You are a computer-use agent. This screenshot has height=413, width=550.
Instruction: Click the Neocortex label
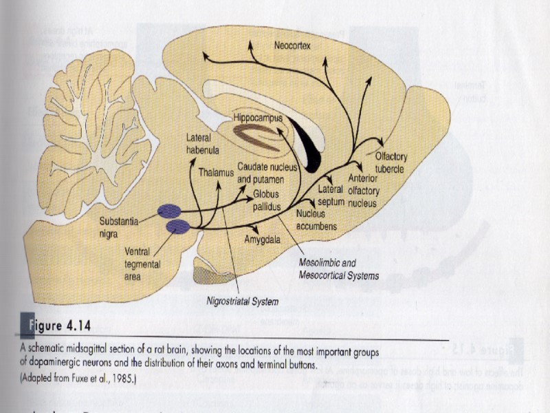coord(292,46)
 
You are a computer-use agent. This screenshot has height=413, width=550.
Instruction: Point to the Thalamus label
coord(216,173)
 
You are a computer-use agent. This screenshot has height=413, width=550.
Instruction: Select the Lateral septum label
coord(331,196)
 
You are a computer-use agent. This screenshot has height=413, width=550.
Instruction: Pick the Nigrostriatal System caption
coord(243,301)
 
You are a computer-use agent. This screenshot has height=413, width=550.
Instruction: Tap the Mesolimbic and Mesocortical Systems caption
coord(338,269)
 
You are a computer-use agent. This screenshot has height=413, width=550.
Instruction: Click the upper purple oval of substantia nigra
coord(170,211)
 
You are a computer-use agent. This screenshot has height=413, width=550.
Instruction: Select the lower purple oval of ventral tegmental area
coord(178,226)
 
